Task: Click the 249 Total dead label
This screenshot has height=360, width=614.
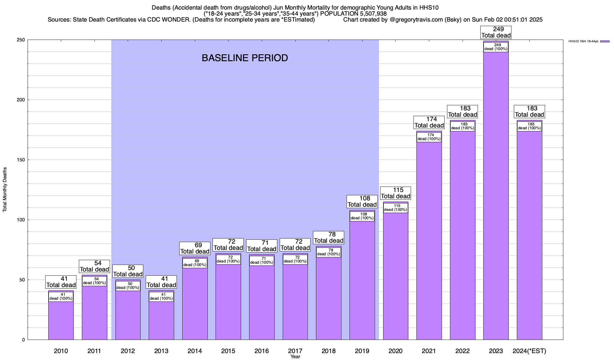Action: coord(496,32)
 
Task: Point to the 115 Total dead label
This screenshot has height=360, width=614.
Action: coord(395,193)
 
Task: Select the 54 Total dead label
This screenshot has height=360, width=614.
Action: coord(94,266)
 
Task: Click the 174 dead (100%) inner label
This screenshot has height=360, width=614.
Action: coord(429,137)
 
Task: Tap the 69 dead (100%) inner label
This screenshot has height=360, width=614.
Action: coord(195,263)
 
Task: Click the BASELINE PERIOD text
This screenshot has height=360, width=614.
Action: coord(245,58)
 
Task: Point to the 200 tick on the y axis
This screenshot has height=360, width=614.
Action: coord(23,100)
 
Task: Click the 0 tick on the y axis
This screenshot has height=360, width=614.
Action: coord(23,340)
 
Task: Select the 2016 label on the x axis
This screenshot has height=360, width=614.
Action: coord(262,351)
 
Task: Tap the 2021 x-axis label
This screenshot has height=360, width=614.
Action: coord(429,351)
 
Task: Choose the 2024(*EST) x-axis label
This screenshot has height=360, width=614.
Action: coord(529,351)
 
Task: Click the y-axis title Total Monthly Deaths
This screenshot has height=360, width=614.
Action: coord(5,190)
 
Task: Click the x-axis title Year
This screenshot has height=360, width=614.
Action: coord(295,357)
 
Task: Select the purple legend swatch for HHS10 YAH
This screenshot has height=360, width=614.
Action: coord(605,41)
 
